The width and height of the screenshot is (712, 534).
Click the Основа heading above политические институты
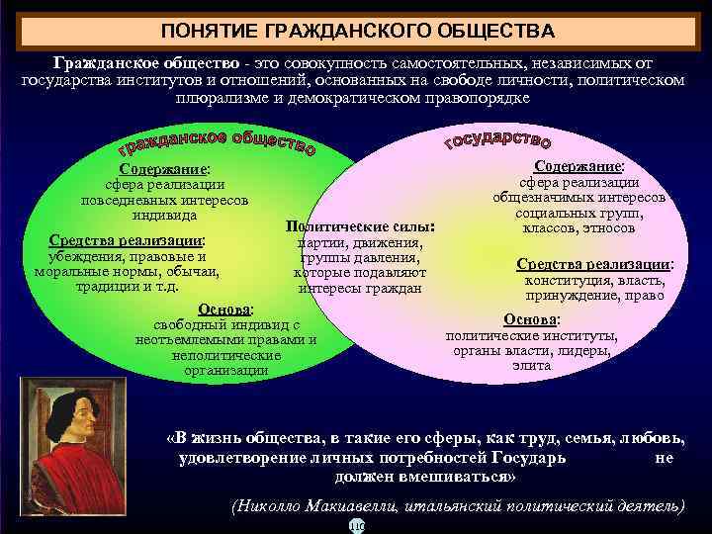pos(531,318)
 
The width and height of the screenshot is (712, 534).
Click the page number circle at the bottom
pos(356,526)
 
